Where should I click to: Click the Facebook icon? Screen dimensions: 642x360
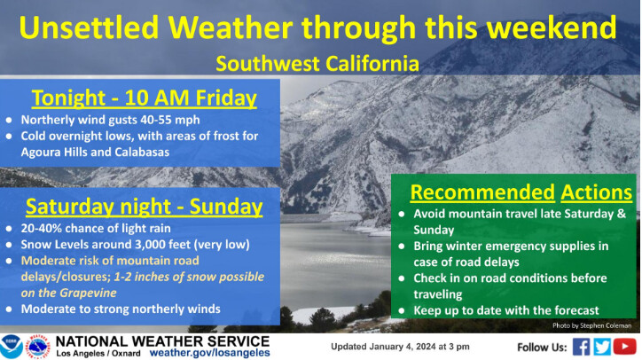point(581,347)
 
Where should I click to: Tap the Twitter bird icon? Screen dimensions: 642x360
point(602,347)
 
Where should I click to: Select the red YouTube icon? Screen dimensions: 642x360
point(625,347)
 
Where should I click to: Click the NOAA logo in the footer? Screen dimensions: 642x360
point(11,347)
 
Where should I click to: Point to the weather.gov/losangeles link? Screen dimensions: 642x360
point(209,353)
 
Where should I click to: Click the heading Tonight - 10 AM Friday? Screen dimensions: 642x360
point(145,98)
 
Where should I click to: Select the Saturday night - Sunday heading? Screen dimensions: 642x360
point(145,207)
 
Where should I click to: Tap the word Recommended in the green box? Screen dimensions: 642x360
point(482,192)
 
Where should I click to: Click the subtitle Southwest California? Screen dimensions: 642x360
point(317,64)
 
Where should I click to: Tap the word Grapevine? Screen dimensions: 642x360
point(88,293)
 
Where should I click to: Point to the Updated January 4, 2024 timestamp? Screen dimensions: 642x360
point(400,347)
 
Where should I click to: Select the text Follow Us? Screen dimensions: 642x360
point(542,348)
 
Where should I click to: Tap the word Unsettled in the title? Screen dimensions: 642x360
point(89,27)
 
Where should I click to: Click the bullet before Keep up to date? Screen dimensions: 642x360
point(402,311)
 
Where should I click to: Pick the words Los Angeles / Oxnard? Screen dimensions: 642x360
point(98,353)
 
